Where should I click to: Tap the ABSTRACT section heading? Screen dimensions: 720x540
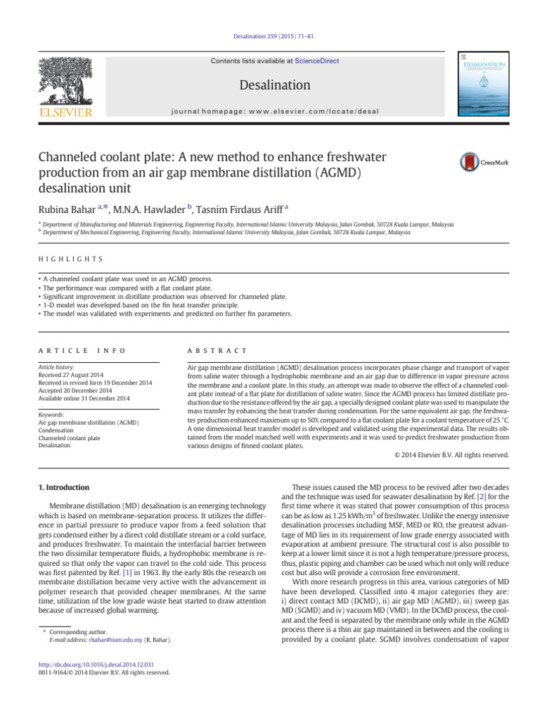[x=217, y=350]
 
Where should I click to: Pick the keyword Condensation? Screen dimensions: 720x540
[x=56, y=430]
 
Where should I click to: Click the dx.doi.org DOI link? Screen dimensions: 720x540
[x=96, y=664]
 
